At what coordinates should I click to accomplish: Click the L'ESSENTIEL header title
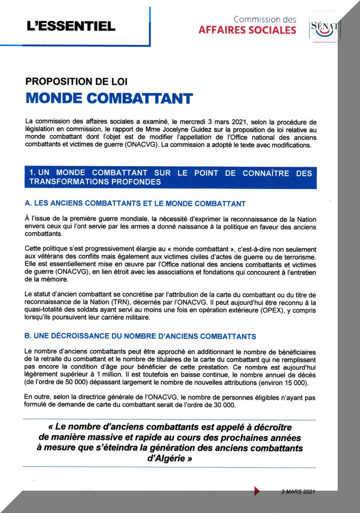pyautogui.click(x=71, y=26)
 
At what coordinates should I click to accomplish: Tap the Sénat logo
pyautogui.click(x=324, y=29)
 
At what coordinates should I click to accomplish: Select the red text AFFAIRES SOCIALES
pyautogui.click(x=247, y=30)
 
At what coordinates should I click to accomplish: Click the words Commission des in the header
pyautogui.click(x=265, y=19)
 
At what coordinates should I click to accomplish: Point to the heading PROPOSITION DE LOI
pyautogui.click(x=76, y=81)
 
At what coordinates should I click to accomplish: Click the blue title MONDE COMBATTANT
pyautogui.click(x=109, y=98)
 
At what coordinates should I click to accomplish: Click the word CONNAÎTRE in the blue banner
pyautogui.click(x=266, y=173)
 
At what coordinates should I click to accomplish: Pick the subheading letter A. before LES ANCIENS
pyautogui.click(x=28, y=203)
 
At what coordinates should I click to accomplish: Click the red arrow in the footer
pyautogui.click(x=257, y=491)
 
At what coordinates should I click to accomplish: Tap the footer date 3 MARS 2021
pyautogui.click(x=298, y=492)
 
